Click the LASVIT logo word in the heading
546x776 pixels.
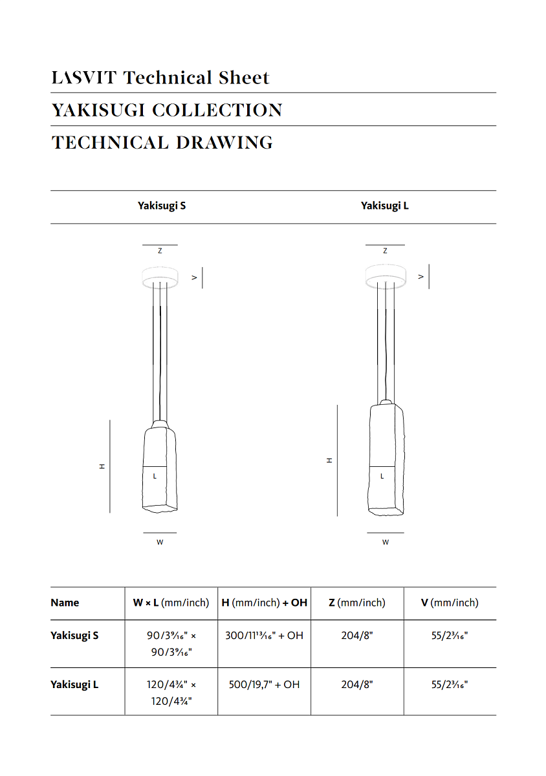point(84,78)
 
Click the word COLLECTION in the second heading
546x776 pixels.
point(217,111)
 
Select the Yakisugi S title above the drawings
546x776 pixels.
point(162,206)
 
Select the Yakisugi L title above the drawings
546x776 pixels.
point(385,206)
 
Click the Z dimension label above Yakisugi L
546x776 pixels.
point(385,251)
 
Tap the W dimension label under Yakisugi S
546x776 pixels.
point(160,543)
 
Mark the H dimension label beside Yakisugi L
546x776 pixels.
point(329,460)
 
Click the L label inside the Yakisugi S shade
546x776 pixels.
point(155,477)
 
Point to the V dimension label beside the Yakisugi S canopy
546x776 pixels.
point(194,277)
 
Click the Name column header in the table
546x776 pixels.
point(65,603)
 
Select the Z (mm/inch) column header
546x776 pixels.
point(356,603)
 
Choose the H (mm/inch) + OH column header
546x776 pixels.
point(264,603)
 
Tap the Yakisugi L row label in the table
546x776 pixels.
point(74,684)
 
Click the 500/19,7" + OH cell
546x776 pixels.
point(264,684)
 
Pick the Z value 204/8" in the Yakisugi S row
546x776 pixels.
point(357,636)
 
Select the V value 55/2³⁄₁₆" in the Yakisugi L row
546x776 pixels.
point(450,684)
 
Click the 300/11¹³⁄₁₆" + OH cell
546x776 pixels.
point(264,636)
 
